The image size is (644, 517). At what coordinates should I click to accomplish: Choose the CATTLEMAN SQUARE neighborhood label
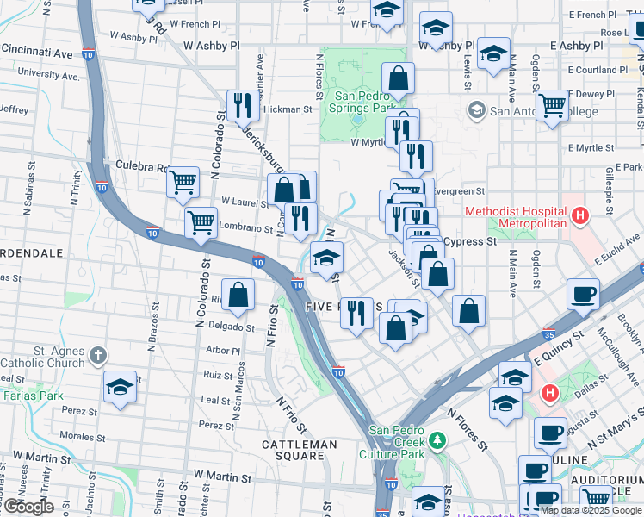point(300,445)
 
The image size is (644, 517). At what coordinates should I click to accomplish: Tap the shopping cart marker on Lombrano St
point(201,221)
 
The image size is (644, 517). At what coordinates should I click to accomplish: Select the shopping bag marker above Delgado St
point(238,294)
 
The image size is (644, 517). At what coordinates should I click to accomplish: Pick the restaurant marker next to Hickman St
point(243,105)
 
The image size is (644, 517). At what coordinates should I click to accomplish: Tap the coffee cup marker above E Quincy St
point(583,294)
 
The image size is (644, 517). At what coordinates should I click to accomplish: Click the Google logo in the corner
point(28,507)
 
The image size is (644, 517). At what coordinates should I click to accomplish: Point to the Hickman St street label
point(288,109)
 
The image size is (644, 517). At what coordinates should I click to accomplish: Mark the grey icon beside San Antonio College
point(476,110)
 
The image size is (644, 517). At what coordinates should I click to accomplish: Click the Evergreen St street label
point(461,191)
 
